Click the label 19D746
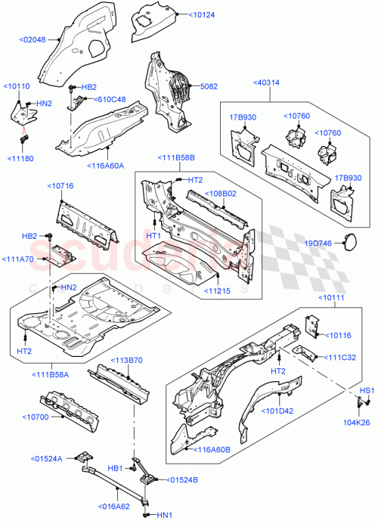pos(318,243)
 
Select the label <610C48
pos(110,99)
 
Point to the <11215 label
pos(222,290)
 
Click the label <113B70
pos(128,360)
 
